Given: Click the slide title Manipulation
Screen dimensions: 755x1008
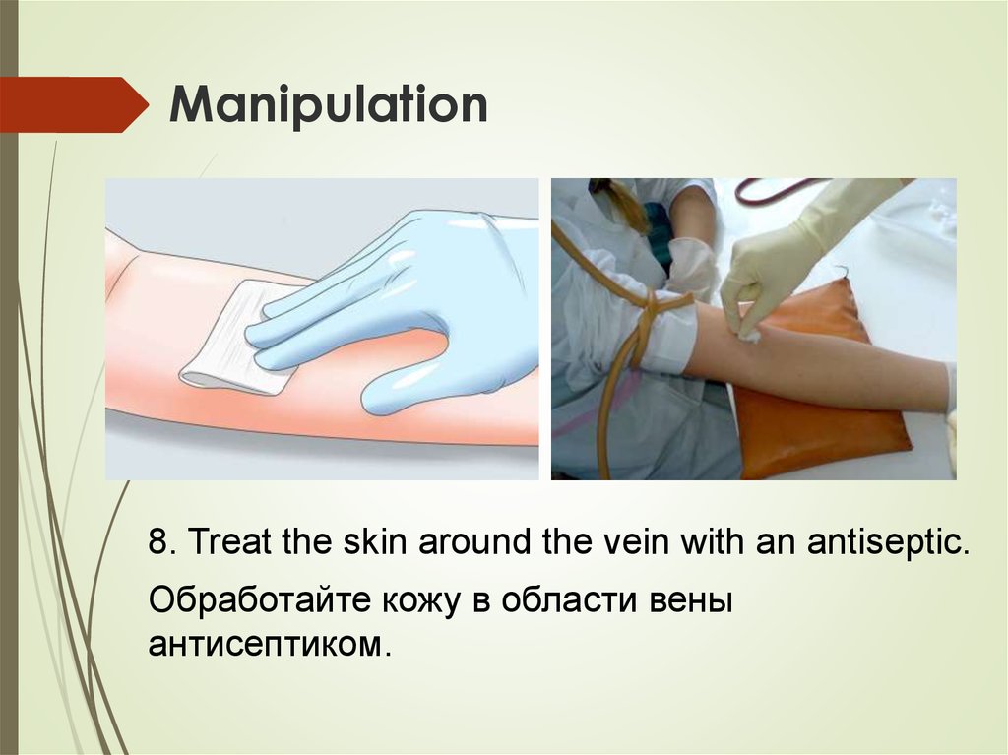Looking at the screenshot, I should click(x=329, y=105).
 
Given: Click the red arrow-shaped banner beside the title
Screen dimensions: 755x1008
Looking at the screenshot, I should click(x=69, y=104).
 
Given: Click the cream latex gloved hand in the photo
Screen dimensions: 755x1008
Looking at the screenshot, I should click(x=778, y=266).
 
